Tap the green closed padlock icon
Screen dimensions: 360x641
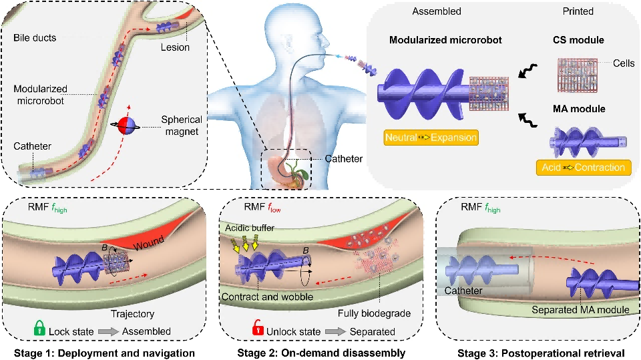point(41,329)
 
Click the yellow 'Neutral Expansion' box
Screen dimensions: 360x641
point(430,139)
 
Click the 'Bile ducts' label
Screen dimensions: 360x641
point(35,38)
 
